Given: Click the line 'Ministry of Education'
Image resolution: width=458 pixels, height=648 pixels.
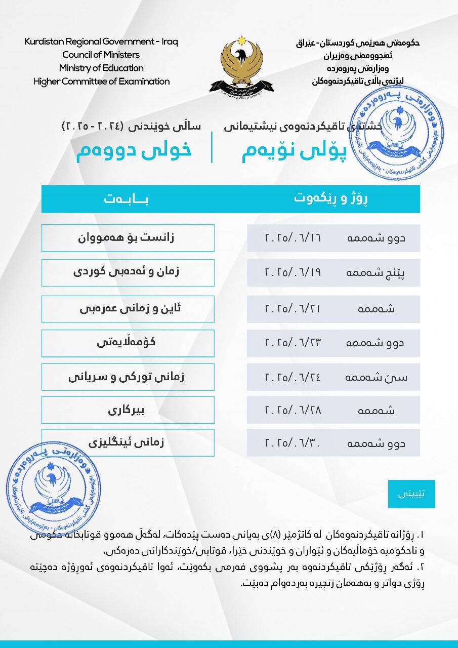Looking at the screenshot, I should [101, 68].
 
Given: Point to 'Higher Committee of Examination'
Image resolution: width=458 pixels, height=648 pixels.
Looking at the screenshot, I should [101, 81].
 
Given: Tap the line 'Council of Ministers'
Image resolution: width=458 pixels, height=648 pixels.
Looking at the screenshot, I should [101, 55].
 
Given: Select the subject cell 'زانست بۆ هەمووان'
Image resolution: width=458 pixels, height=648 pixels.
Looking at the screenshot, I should [128, 238].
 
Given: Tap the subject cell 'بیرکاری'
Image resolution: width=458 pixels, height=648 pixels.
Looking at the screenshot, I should [128, 410].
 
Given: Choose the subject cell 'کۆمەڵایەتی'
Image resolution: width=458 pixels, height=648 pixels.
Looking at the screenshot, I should [128, 343].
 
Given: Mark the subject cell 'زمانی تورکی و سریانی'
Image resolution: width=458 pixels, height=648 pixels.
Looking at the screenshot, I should [128, 377].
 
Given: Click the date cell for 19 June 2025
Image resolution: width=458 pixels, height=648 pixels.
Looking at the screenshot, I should [334, 272].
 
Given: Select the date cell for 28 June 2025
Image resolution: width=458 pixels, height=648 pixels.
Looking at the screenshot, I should [334, 410].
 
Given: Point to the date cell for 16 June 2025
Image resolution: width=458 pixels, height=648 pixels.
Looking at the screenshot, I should [334, 238].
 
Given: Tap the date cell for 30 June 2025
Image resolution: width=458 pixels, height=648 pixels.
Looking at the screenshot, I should [334, 444].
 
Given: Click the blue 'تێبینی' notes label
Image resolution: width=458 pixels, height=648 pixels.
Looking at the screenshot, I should [411, 494].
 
